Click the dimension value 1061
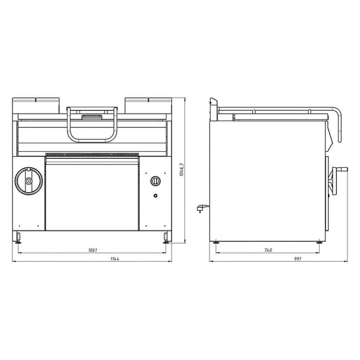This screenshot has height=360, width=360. (x=93, y=250)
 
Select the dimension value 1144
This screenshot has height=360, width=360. (x=114, y=259)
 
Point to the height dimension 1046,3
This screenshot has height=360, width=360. (x=181, y=170)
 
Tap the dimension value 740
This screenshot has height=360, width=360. (x=268, y=250)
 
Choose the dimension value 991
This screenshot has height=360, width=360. (x=298, y=259)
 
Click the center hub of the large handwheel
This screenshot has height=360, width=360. (x=29, y=181)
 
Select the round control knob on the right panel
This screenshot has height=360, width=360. (x=156, y=181)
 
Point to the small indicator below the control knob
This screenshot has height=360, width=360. (x=156, y=195)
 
